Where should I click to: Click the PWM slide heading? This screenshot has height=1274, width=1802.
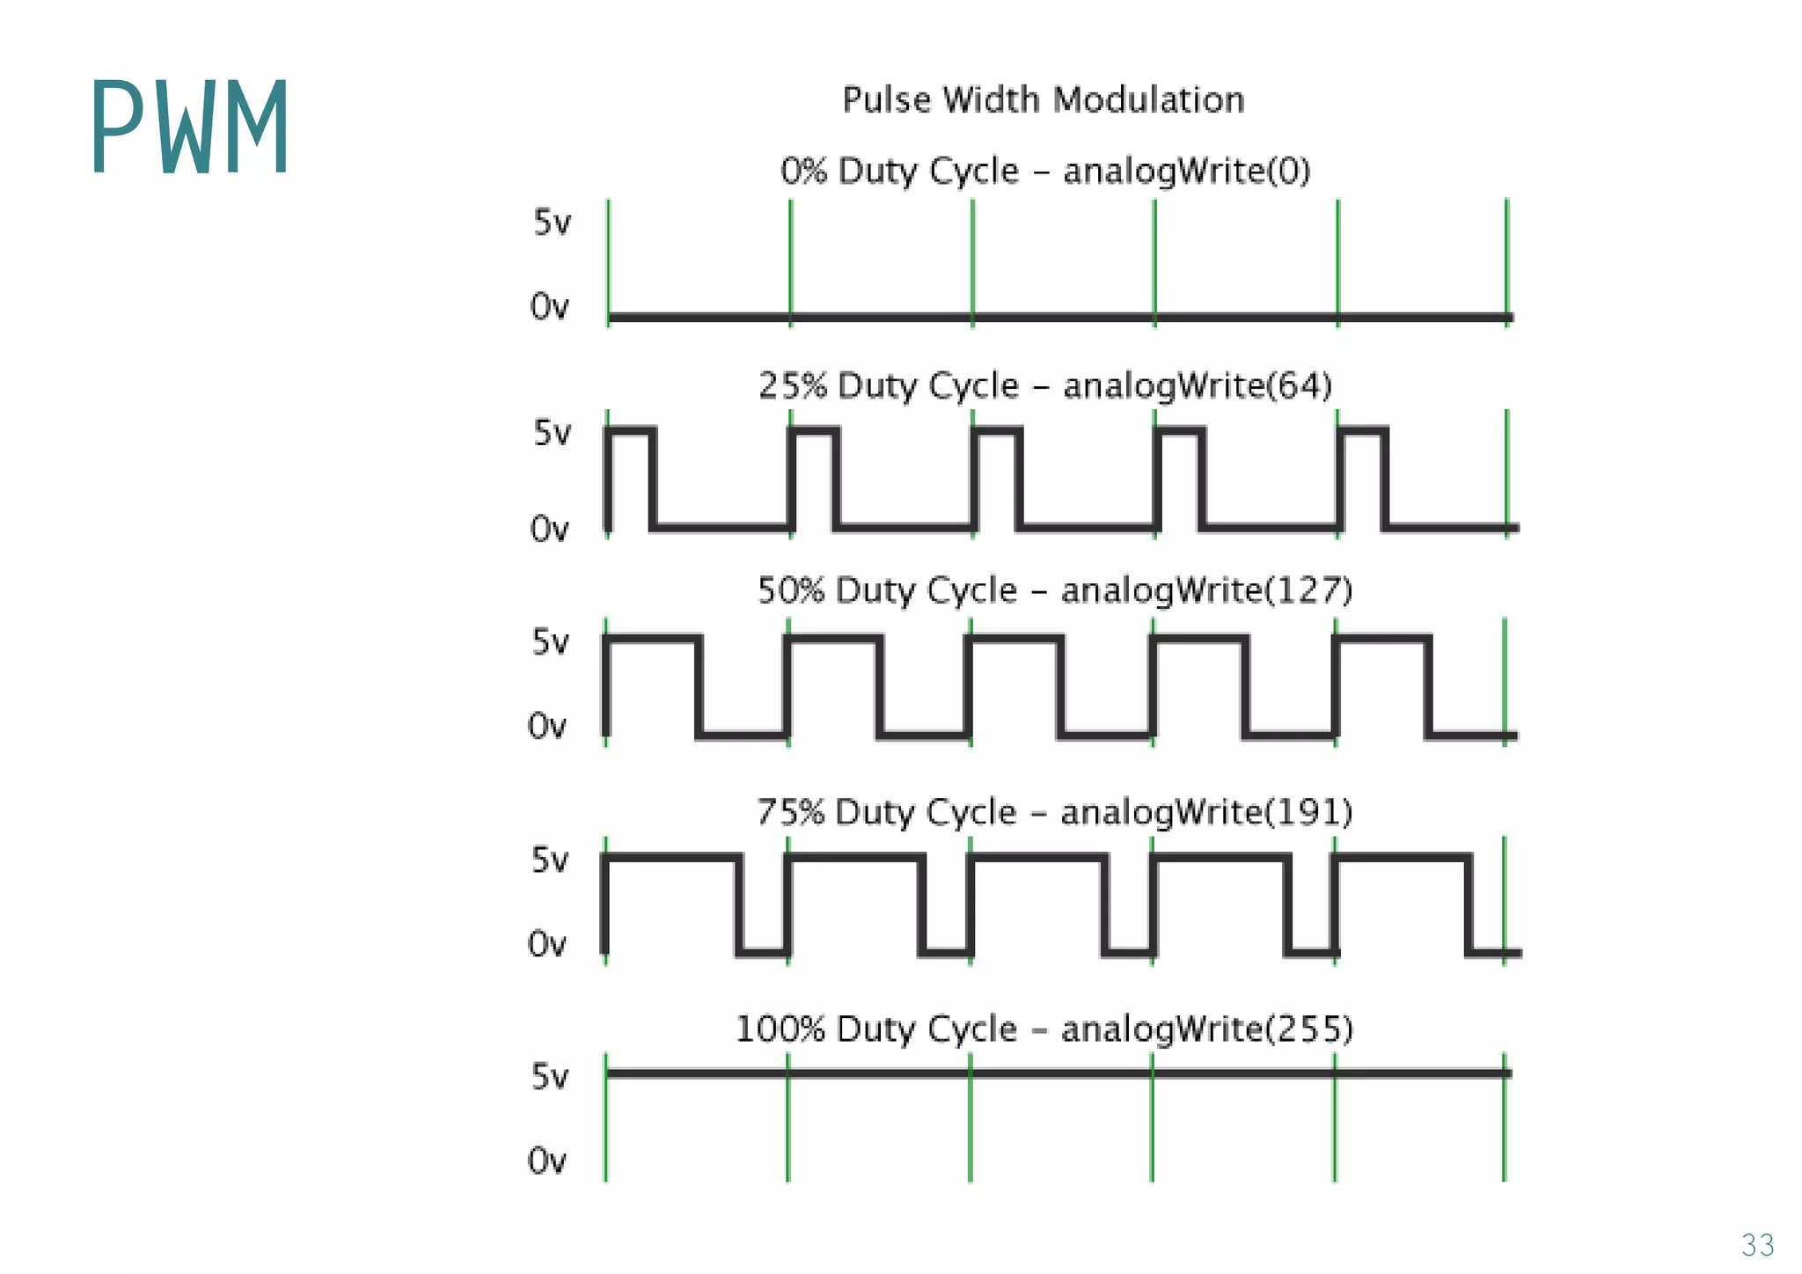[x=189, y=128]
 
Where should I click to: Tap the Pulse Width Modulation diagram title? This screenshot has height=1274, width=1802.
[x=1044, y=99]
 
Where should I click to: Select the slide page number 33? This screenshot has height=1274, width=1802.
[x=1757, y=1245]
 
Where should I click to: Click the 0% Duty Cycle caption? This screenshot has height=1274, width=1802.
[x=1045, y=171]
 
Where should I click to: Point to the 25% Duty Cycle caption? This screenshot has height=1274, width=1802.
[x=1045, y=385]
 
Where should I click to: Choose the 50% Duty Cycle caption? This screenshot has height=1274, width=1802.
[x=1054, y=590]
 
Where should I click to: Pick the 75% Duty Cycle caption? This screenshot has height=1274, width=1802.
[x=1054, y=812]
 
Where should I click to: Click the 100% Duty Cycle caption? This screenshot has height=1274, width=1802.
[x=1044, y=1029]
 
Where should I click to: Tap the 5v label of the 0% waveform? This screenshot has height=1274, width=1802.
[x=552, y=223]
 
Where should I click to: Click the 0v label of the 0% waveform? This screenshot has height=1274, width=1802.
[x=549, y=307]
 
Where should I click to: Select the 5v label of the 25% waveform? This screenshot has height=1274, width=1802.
[x=552, y=433]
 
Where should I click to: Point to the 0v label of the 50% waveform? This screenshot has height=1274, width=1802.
[x=546, y=727]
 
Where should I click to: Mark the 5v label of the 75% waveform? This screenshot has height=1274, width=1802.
[x=550, y=860]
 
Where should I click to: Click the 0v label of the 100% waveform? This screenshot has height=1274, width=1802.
[x=546, y=1161]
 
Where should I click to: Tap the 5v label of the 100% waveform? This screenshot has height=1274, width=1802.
[x=550, y=1076]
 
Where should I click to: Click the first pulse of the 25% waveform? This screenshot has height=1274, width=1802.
[x=630, y=431]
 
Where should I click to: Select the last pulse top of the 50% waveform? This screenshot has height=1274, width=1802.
[x=1381, y=638]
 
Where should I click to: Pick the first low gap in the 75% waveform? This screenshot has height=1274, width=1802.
[x=763, y=951]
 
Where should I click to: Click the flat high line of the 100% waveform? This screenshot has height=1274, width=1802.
[x=1056, y=1073]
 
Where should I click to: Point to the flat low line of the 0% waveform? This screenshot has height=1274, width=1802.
[x=1056, y=317]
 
